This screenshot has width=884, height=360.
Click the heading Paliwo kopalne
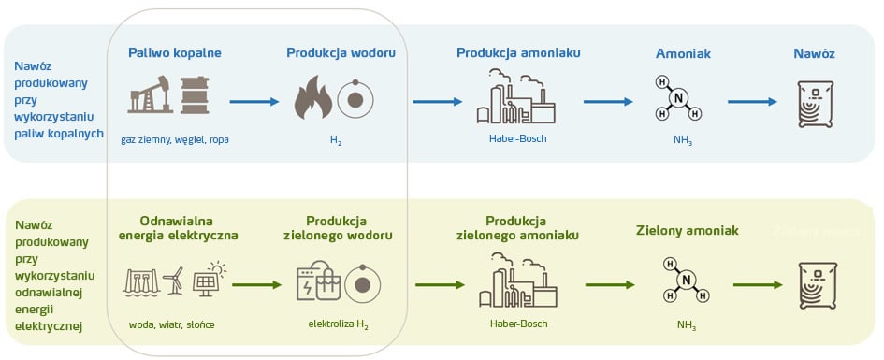coord(175,52)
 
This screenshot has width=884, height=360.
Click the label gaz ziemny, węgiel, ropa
coord(175,139)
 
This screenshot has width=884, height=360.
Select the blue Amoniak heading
coord(683,54)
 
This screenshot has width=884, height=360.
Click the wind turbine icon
coord(174,281)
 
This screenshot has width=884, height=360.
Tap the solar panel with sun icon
coord(209,279)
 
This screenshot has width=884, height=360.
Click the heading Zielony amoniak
coord(688,230)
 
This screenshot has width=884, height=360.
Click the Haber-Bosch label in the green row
coord(517,324)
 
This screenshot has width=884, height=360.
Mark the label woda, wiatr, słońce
coord(174,324)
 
